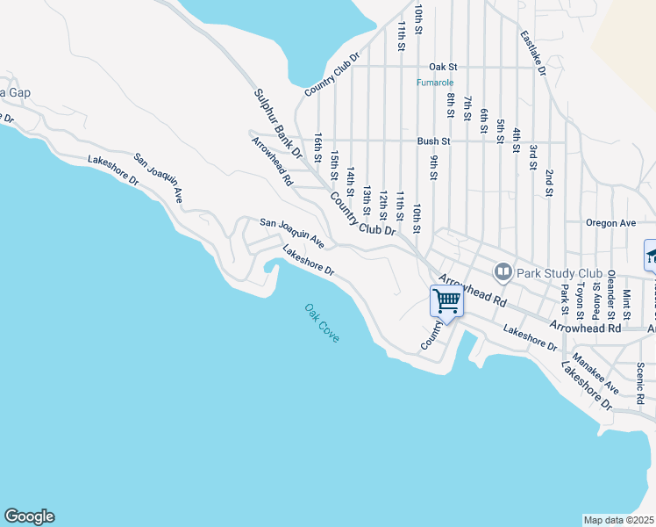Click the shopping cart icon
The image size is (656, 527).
click(447, 302)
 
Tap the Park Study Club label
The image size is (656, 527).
click(556, 271)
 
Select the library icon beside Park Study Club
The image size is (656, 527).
click(503, 271)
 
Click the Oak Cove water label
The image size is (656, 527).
click(322, 323)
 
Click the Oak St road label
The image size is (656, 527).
click(443, 67)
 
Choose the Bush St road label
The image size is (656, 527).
click(433, 141)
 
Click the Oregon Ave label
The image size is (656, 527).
click(610, 223)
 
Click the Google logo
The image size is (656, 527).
click(29, 516)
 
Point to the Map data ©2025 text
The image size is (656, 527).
click(619, 520)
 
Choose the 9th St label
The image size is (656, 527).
click(433, 167)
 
